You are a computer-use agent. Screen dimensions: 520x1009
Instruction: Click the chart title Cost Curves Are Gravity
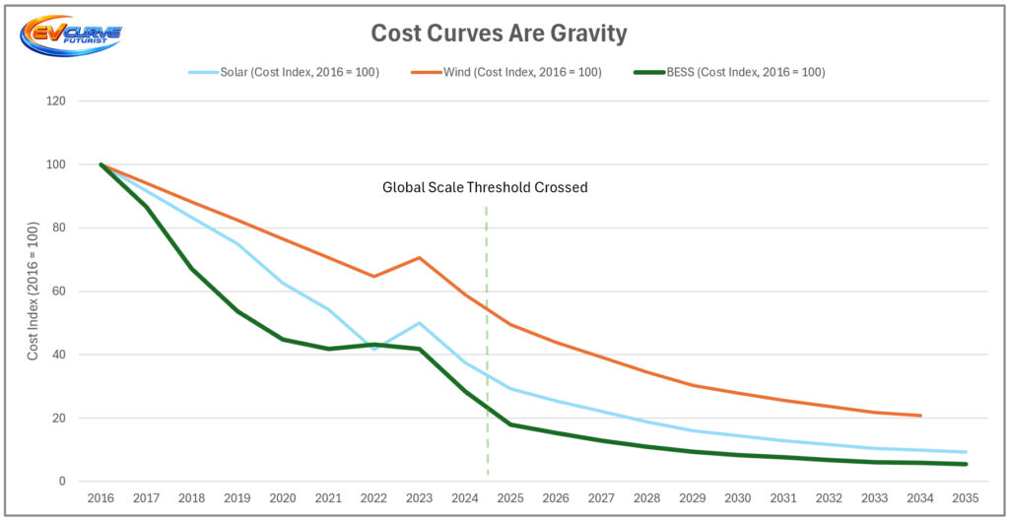[x=499, y=33]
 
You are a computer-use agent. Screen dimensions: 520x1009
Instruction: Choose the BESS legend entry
[x=744, y=72]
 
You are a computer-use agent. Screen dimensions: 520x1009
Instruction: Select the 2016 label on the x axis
[x=101, y=499]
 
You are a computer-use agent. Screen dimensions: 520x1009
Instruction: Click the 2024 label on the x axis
[x=465, y=499]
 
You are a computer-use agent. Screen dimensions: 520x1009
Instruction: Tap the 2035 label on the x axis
[x=966, y=499]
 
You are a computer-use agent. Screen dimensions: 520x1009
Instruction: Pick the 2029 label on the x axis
[x=693, y=499]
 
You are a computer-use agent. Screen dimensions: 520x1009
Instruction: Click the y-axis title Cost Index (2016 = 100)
[x=34, y=292]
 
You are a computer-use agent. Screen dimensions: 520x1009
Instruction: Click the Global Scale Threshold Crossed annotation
[x=485, y=187]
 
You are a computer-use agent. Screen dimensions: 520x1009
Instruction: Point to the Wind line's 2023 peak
[x=420, y=258]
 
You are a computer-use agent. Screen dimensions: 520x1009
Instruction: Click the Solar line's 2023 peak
[x=420, y=323]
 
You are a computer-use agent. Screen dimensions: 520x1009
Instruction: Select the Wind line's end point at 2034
[x=920, y=416]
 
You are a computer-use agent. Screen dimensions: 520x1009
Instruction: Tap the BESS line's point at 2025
[x=510, y=424]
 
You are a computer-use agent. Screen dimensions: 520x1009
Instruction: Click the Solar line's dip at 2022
[x=374, y=349]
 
